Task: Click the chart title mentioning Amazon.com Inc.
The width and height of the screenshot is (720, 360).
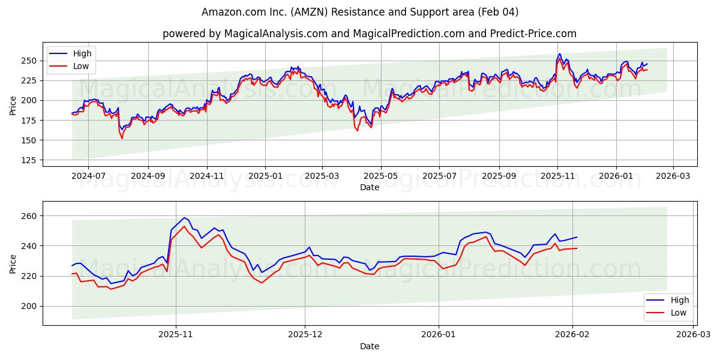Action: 360,12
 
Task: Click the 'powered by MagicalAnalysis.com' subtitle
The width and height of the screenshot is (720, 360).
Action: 369,34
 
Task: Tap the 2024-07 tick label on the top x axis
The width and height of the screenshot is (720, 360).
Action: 88,176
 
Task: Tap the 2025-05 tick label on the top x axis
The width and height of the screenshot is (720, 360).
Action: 381,176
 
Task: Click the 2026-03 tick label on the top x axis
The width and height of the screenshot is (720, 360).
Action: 673,176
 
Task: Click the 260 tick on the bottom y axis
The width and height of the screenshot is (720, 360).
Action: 30,216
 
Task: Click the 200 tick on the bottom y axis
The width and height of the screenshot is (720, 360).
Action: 30,306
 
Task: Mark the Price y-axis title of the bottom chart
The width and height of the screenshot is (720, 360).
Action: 13,263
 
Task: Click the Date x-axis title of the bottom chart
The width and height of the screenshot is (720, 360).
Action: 369,346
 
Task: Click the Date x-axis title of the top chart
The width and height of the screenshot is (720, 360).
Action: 369,187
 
